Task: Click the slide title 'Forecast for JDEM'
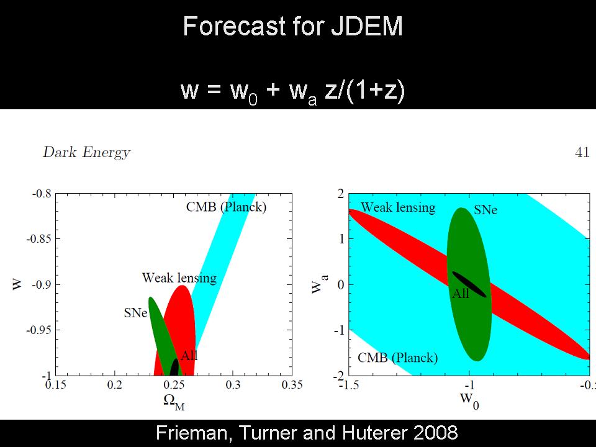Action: [293, 27]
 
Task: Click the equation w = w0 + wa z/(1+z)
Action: [293, 90]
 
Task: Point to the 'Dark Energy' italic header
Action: [86, 152]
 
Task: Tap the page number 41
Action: [582, 152]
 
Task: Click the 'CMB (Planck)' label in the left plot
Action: [226, 207]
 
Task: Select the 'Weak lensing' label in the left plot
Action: [179, 278]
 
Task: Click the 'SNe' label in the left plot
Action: [136, 313]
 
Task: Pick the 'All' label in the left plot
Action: [189, 356]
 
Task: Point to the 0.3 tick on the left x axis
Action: [232, 386]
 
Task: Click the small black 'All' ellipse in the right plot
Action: [469, 284]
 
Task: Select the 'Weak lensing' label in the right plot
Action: [398, 207]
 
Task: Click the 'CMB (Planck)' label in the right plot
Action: [397, 358]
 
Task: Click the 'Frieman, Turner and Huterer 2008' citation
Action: [297, 433]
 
